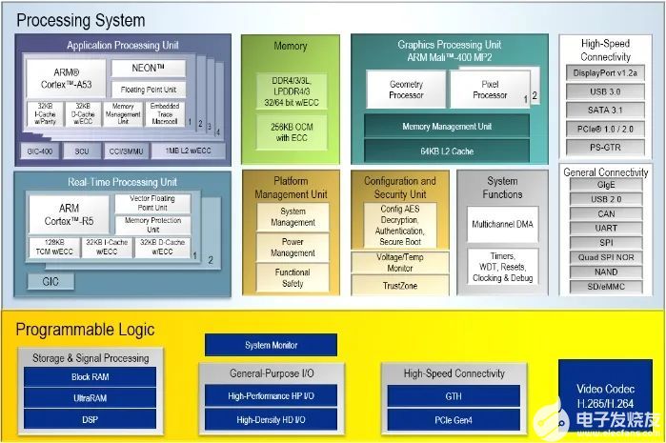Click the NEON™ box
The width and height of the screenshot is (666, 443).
(148, 69)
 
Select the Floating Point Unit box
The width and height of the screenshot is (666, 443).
(148, 90)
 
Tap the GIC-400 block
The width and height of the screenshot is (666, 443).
(39, 151)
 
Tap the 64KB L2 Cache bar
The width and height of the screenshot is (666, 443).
(446, 151)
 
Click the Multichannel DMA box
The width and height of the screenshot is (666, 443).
(503, 224)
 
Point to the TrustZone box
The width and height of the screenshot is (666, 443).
(399, 285)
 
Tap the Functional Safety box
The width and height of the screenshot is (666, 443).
(293, 277)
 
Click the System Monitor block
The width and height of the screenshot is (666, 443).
(271, 345)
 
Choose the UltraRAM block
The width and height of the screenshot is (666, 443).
(89, 398)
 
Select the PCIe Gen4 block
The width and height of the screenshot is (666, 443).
(453, 419)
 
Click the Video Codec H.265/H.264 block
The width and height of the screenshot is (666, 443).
(603, 395)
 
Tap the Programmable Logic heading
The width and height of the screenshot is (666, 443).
(85, 330)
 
